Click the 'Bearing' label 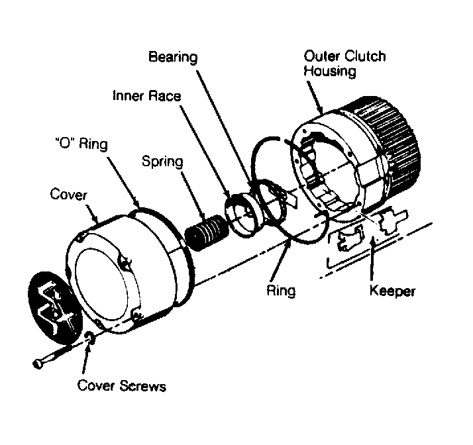(173, 58)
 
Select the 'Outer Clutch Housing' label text (344, 64)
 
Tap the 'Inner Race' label (146, 96)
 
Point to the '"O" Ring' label (81, 144)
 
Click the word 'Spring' (162, 162)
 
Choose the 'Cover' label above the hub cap (68, 195)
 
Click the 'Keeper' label (392, 291)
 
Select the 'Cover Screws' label (122, 385)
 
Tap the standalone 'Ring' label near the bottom (281, 291)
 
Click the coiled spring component (207, 232)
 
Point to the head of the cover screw (37, 364)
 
